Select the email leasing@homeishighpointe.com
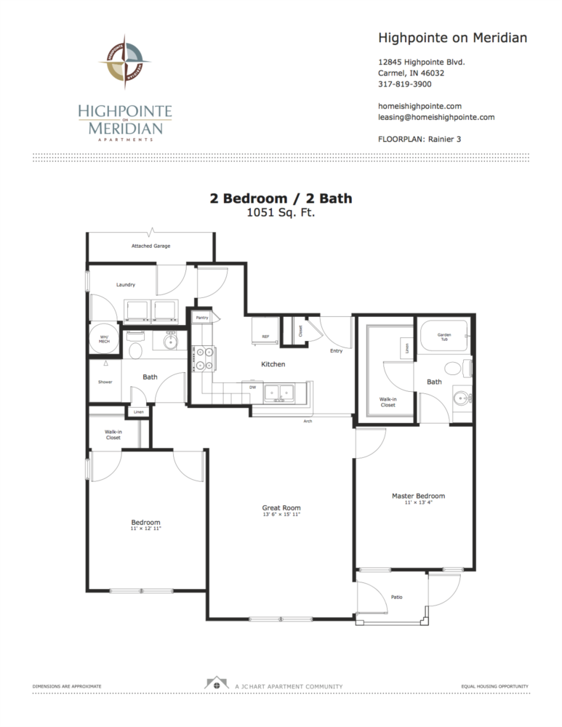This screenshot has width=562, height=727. click(x=436, y=117)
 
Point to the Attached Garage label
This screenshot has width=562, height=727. click(x=150, y=246)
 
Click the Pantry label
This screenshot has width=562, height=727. click(x=202, y=318)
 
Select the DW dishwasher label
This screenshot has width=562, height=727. click(x=252, y=388)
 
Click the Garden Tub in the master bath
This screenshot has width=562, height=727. click(x=443, y=337)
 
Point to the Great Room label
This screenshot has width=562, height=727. click(x=281, y=508)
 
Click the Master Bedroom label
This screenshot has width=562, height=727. click(x=418, y=497)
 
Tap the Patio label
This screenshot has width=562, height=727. click(x=396, y=597)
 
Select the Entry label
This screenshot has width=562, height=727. click(x=336, y=351)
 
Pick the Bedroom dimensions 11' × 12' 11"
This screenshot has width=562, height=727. click(x=145, y=529)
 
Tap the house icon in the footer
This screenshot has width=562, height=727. click(x=215, y=684)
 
